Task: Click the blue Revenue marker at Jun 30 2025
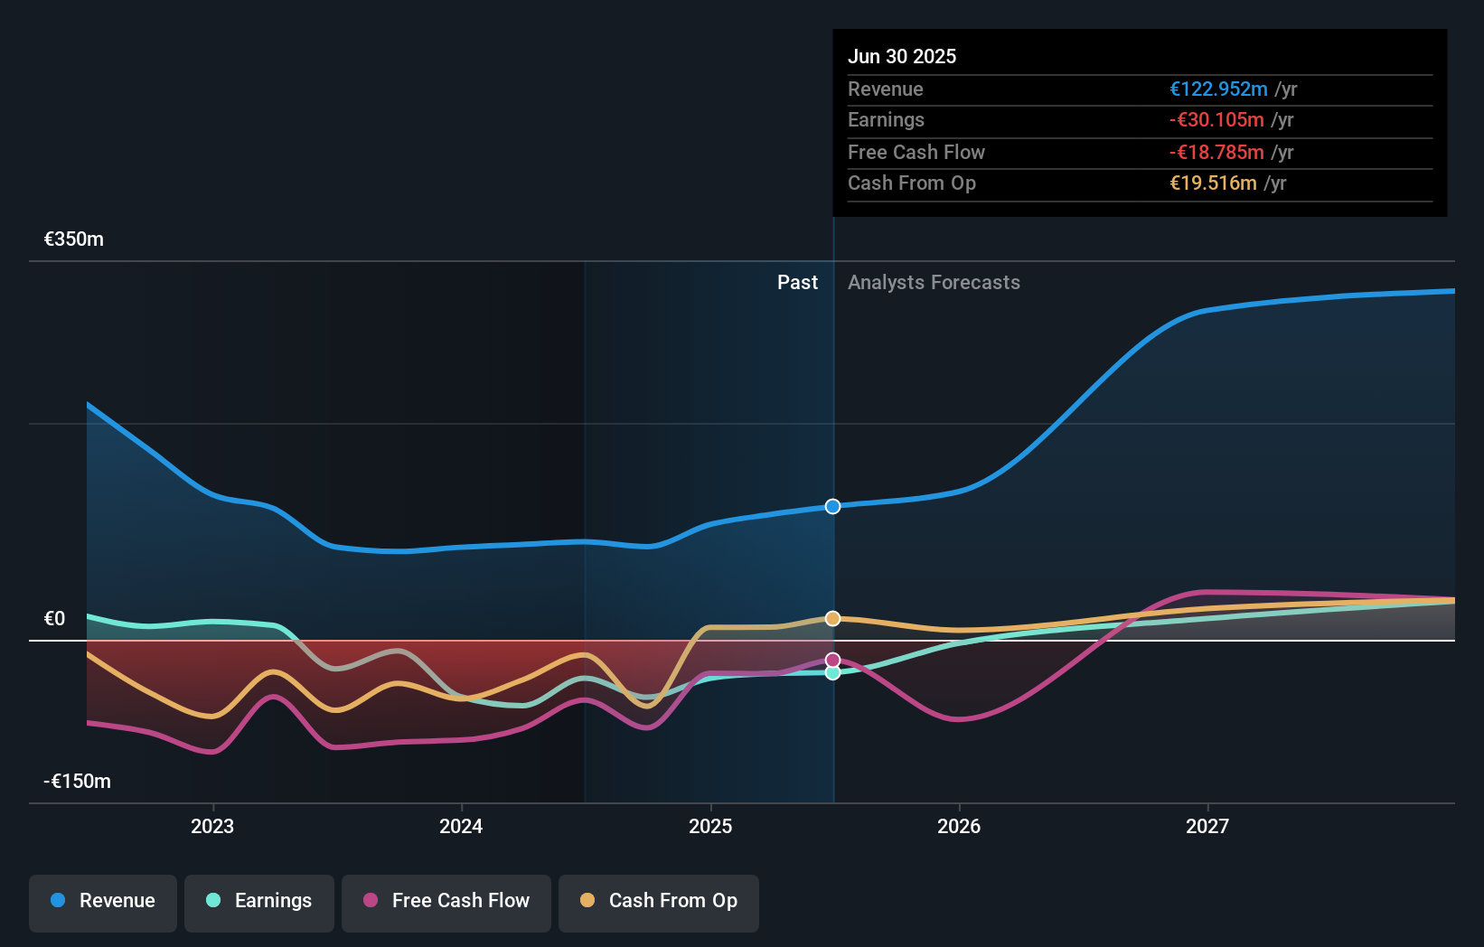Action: click(832, 506)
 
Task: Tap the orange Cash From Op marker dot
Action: click(832, 618)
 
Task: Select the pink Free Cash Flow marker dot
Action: click(832, 661)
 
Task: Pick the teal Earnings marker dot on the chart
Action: click(832, 673)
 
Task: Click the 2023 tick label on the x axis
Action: click(212, 826)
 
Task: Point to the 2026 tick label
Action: click(959, 826)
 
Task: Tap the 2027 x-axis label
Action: click(1207, 826)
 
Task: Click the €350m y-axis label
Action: click(74, 239)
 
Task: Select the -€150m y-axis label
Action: click(78, 782)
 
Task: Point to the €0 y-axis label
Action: click(55, 619)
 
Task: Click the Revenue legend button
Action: click(103, 901)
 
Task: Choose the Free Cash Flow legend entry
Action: click(446, 901)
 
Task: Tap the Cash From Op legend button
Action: click(659, 901)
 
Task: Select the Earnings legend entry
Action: click(259, 901)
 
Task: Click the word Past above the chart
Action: click(797, 283)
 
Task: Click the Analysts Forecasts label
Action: click(934, 283)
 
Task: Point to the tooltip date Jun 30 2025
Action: click(902, 56)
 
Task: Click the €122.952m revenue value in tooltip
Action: click(1218, 89)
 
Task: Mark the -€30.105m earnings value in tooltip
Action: click(1216, 120)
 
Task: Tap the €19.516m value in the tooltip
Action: click(1213, 183)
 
